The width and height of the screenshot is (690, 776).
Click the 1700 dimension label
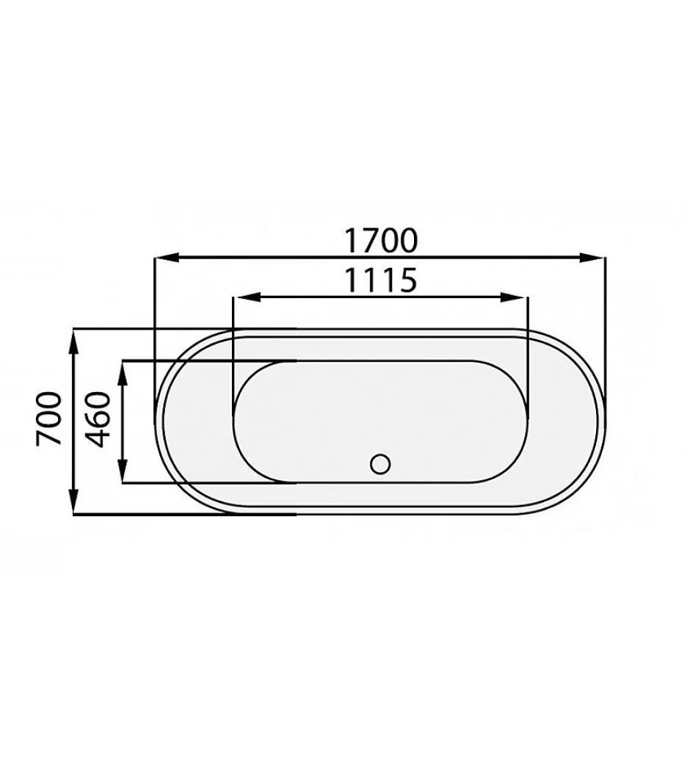(381, 240)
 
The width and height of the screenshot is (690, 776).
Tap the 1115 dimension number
(380, 280)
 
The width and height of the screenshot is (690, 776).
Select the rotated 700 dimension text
(49, 418)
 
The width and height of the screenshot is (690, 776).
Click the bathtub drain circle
(380, 464)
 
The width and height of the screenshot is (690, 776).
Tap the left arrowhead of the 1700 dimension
(167, 258)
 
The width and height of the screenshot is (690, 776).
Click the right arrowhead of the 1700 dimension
(592, 258)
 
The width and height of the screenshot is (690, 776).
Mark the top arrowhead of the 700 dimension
(73, 341)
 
